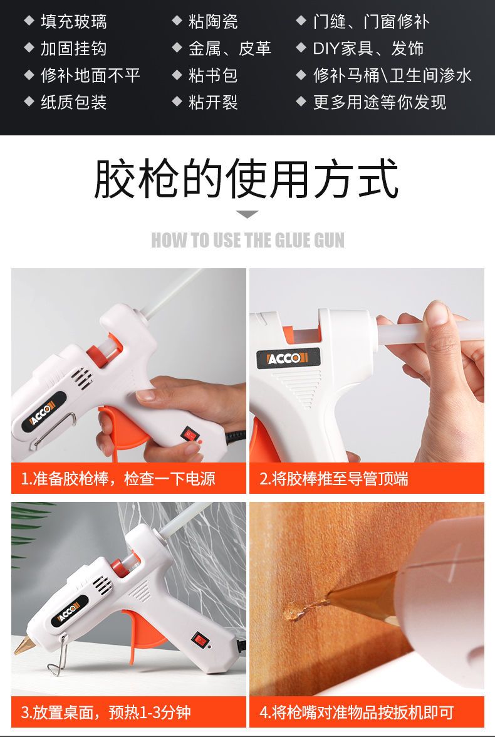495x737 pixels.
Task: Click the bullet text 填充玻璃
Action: [74, 21]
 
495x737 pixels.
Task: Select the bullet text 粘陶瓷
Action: [213, 21]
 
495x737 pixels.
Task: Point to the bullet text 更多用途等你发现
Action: [379, 102]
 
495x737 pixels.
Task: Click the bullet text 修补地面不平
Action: [90, 75]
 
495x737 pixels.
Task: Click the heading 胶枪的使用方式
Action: [247, 179]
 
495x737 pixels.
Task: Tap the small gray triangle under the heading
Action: [247, 214]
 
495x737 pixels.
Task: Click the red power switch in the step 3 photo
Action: [199, 639]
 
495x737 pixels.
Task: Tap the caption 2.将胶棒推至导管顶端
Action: [334, 479]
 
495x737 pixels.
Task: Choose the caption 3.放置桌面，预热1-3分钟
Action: [107, 712]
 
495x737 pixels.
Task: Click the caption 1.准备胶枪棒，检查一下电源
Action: [118, 479]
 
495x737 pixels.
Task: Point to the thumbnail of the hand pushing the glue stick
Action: [367, 365]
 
